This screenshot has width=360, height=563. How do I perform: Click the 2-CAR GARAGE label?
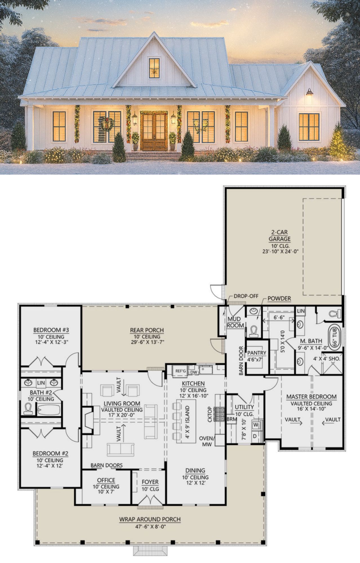(x=279, y=236)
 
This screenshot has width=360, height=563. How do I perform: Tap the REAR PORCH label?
(x=147, y=330)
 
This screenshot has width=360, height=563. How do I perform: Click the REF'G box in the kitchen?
(x=181, y=371)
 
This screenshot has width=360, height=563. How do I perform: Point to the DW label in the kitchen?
(x=194, y=372)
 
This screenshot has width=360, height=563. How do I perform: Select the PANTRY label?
(x=257, y=353)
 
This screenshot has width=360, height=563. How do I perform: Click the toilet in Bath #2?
(x=28, y=409)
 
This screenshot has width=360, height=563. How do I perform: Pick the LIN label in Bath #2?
(x=41, y=383)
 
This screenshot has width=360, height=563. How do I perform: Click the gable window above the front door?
(x=154, y=68)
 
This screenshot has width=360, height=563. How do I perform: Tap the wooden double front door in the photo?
(x=154, y=131)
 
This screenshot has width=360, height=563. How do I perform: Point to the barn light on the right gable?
(x=309, y=92)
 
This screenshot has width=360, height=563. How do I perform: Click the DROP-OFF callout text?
(x=246, y=296)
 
